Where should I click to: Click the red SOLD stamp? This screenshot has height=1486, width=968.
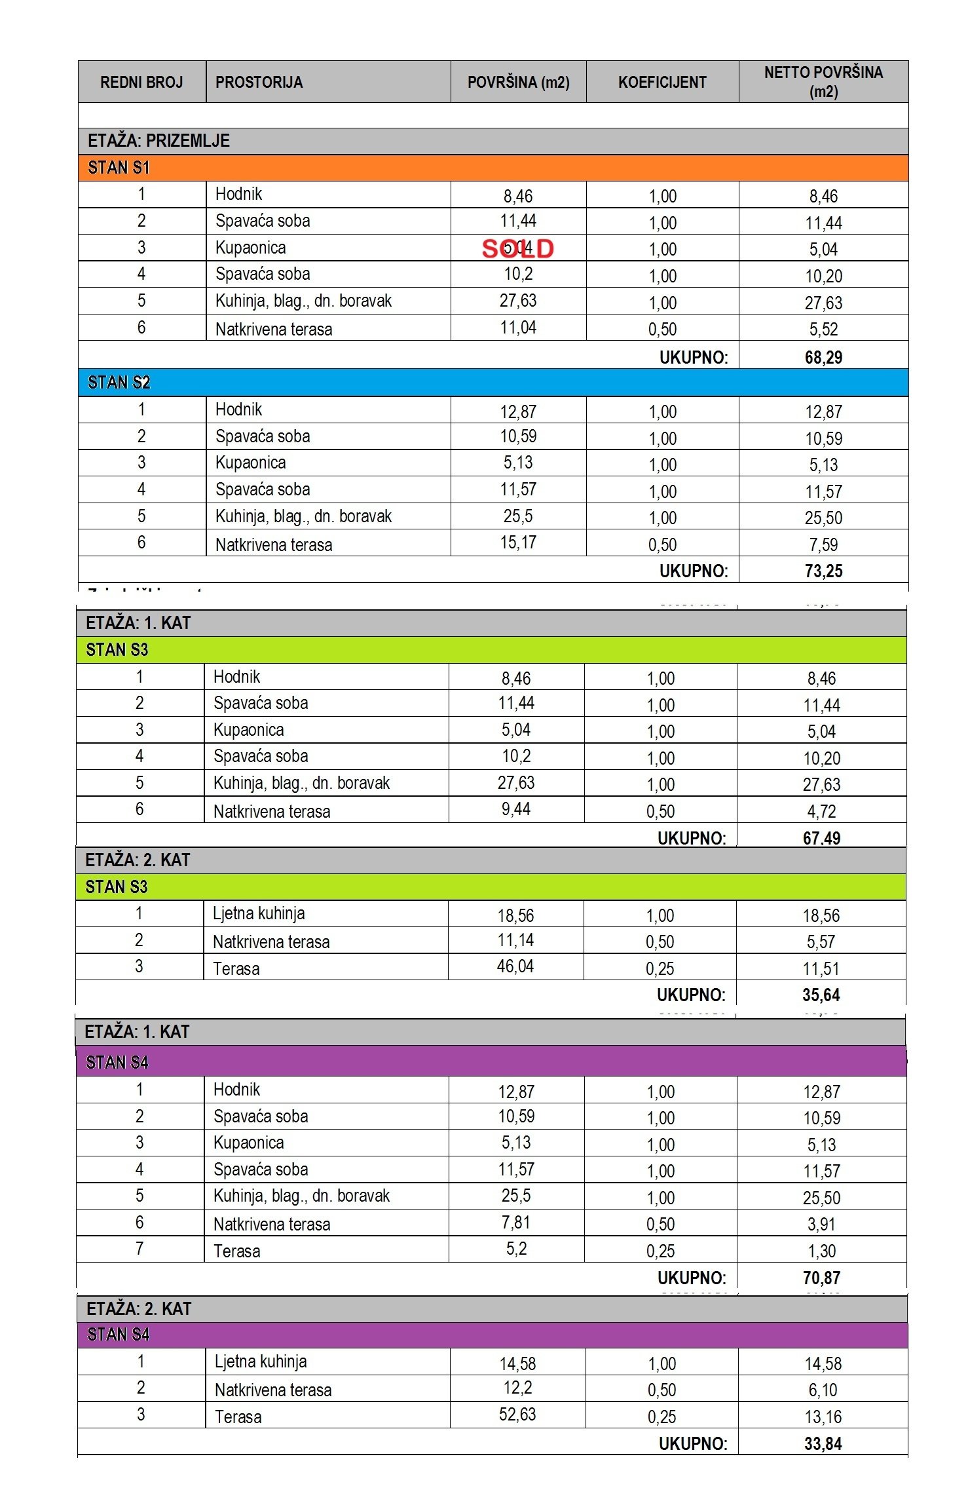[517, 248]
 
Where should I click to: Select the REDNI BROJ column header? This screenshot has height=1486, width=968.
[141, 82]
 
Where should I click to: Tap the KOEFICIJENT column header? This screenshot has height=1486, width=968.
[662, 82]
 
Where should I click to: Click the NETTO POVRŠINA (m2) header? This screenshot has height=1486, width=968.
[823, 81]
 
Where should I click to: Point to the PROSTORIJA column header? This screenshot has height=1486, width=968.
[259, 82]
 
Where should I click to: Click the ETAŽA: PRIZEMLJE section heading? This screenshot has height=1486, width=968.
[159, 141]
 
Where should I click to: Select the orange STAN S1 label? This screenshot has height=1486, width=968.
[119, 168]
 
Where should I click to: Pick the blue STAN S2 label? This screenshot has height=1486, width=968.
[119, 383]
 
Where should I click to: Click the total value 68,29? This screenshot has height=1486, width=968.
[823, 357]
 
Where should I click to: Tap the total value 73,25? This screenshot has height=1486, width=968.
[823, 571]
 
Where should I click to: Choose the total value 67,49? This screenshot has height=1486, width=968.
[821, 838]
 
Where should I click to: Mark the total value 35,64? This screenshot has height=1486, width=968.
[821, 995]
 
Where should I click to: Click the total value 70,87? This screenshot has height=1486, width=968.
[821, 1278]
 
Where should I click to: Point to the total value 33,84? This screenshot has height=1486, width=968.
[823, 1443]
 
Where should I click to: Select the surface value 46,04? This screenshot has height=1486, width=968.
[515, 966]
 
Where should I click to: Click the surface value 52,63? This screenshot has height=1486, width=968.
[517, 1415]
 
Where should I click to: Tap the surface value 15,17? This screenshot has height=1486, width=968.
[518, 543]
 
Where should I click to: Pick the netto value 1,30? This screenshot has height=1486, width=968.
[821, 1251]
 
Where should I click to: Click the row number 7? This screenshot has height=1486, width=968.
[140, 1249]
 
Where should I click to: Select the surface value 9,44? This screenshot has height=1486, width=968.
[516, 809]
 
